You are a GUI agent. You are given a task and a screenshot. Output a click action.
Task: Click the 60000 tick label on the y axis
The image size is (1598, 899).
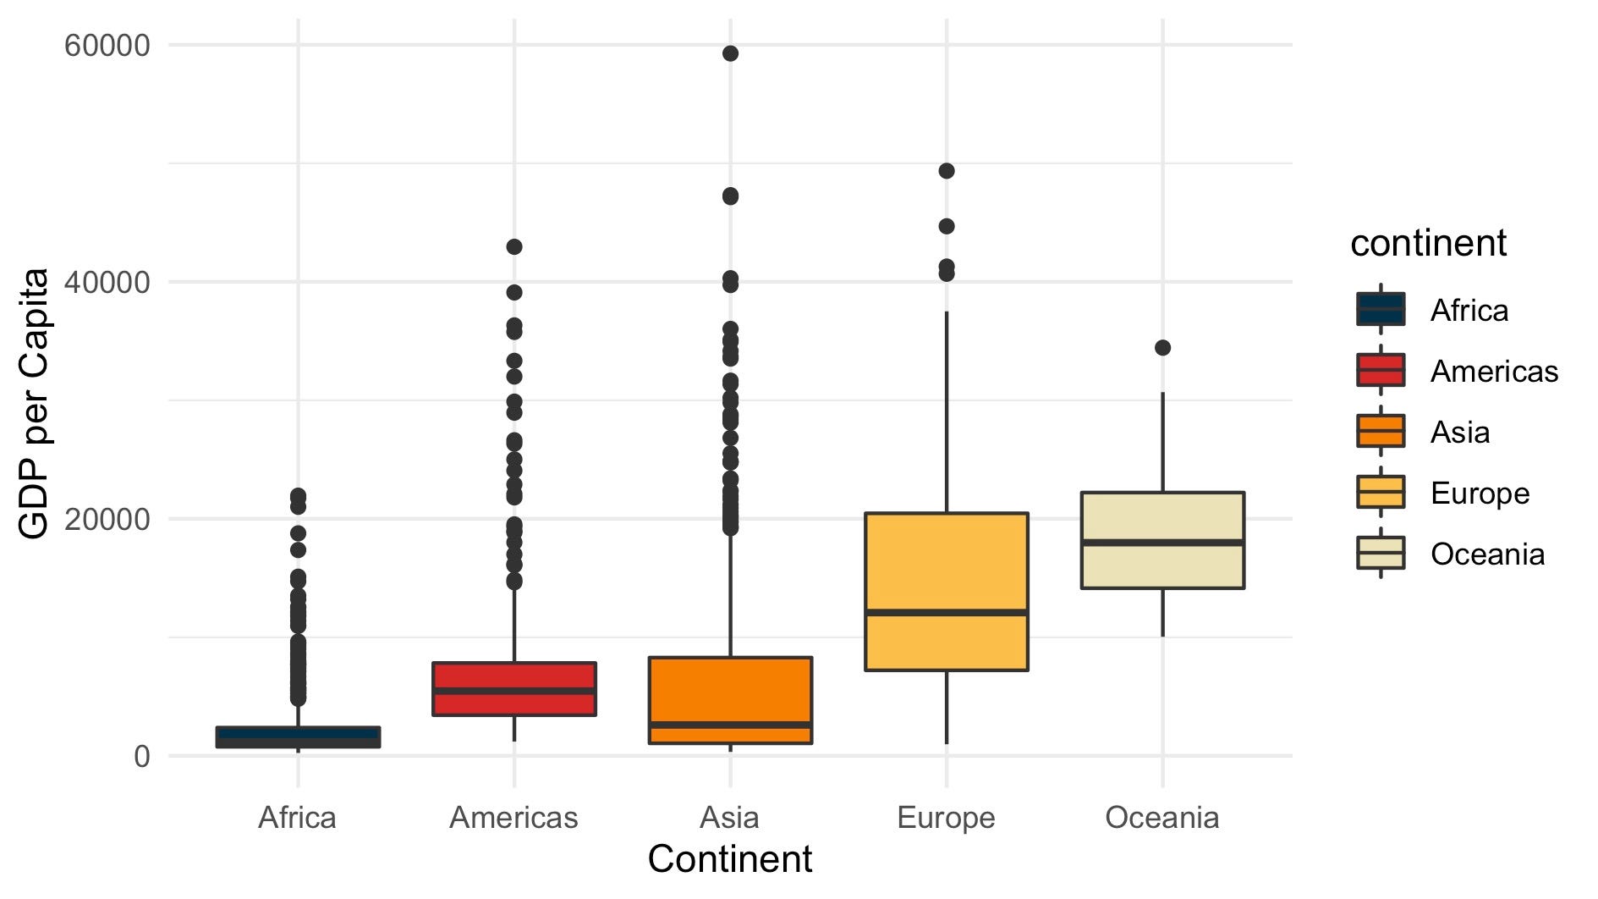[107, 45]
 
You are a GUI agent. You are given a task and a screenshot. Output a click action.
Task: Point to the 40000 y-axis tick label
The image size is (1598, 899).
[107, 282]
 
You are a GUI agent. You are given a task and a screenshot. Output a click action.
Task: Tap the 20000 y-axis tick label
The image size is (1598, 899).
[107, 519]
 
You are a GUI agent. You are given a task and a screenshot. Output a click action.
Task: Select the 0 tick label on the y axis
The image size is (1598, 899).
[141, 756]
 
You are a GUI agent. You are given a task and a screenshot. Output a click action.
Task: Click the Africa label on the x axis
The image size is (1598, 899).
[297, 818]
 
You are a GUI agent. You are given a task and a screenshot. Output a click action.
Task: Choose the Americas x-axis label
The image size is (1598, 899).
[513, 818]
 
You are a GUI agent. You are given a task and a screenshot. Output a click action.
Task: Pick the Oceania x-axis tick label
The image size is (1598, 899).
[1162, 818]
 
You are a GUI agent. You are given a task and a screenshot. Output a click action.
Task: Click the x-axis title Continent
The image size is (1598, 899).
[729, 859]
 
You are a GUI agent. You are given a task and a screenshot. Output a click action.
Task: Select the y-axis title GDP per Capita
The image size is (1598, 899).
[34, 404]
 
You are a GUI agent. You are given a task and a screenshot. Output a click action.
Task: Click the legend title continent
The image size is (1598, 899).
[1428, 243]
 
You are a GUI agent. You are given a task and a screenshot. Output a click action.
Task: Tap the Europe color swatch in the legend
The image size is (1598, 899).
[1381, 492]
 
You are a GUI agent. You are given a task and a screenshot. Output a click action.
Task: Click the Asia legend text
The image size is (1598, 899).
[1459, 432]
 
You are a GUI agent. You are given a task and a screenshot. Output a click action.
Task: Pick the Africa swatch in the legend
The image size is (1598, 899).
[1381, 309]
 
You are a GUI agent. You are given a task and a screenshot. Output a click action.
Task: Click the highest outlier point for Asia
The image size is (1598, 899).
[730, 53]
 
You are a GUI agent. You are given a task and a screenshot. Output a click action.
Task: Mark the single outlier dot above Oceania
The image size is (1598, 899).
[1162, 348]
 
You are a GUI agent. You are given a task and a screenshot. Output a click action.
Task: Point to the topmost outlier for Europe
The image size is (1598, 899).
[947, 171]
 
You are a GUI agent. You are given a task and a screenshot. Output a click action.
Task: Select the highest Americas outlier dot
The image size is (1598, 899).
[514, 247]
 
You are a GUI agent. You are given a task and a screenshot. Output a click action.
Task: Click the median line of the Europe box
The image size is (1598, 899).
[947, 611]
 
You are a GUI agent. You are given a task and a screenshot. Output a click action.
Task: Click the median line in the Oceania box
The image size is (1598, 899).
[1162, 542]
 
